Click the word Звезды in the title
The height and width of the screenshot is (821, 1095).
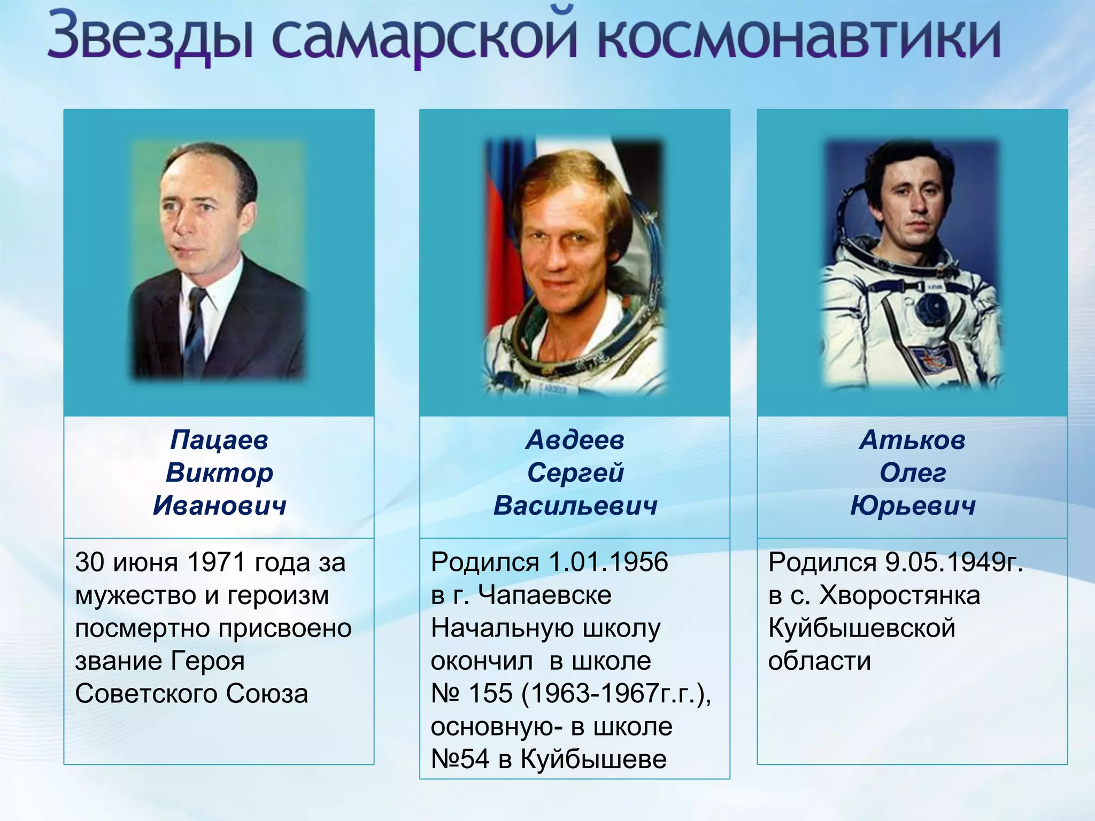click(150, 36)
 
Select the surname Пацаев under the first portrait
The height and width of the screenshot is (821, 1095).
click(219, 440)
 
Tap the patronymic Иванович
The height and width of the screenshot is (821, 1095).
click(219, 506)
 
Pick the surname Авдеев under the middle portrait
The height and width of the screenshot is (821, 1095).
click(575, 440)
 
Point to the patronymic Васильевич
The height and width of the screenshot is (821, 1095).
click(575, 506)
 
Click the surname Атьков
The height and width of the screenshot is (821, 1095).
click(912, 440)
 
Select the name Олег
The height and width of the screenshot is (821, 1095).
click(912, 473)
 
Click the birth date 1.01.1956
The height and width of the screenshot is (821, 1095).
click(608, 562)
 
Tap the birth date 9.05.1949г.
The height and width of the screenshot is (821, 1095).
click(954, 562)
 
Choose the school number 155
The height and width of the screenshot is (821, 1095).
click(491, 694)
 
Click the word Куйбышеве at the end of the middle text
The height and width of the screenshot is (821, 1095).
click(593, 760)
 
